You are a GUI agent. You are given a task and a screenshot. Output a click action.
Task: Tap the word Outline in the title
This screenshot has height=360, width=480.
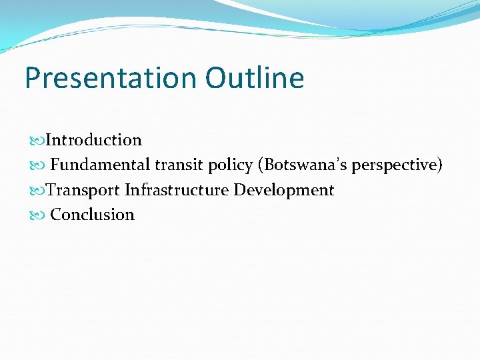point(255,78)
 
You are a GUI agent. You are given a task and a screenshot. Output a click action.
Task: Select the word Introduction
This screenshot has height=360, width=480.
point(94,140)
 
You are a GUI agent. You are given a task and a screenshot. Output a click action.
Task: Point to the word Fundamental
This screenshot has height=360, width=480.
point(101,165)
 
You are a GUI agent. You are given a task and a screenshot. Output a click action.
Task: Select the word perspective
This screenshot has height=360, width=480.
point(393,165)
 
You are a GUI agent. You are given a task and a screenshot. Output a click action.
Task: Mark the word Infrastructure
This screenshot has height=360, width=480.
point(177,190)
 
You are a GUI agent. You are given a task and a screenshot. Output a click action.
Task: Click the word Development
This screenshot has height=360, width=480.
point(284,191)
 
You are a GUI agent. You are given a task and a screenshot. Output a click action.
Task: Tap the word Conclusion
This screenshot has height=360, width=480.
point(93,215)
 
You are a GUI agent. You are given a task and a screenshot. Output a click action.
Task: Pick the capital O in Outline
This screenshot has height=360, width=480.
point(217,78)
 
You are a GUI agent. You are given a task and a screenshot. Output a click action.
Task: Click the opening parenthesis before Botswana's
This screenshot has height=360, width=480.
point(260,165)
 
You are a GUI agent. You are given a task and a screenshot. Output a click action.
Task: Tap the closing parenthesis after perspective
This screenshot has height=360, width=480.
point(439,165)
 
